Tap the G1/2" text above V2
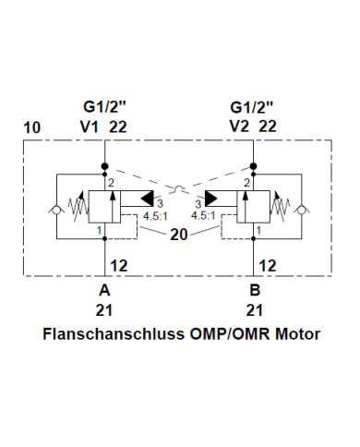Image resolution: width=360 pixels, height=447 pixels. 252,106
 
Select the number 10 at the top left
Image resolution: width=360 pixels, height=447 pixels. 30,126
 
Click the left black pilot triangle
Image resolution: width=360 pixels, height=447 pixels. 148,197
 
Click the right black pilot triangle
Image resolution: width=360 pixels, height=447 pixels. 213,197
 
